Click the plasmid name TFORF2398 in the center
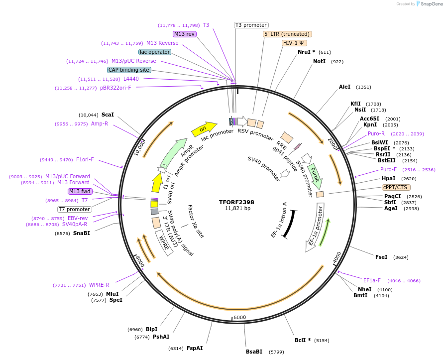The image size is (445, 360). [x=236, y=202]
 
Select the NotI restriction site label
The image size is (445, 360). [x=319, y=61]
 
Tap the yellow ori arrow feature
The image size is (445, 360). [x=204, y=129]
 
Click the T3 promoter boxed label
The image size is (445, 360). [x=251, y=25]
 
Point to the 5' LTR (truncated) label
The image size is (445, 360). [x=287, y=34]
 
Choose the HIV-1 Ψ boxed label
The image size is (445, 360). [x=294, y=43]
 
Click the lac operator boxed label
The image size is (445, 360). [x=155, y=52]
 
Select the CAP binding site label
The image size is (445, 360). [x=129, y=70]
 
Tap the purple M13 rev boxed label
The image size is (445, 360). [x=185, y=34]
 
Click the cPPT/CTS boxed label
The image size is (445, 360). [x=395, y=187]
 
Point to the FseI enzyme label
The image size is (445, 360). [x=381, y=257]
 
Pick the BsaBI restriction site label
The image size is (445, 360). [x=254, y=352]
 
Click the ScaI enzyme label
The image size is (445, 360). [x=108, y=115]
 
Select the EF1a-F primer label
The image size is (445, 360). [x=372, y=280]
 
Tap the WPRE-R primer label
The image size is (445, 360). [x=99, y=285]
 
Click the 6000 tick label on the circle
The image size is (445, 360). [x=239, y=317]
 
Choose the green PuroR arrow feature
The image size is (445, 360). [x=315, y=175]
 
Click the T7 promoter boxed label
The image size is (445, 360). [x=74, y=209]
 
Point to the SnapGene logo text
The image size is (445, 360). [x=431, y=4]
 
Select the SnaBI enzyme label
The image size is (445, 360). [x=82, y=233]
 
